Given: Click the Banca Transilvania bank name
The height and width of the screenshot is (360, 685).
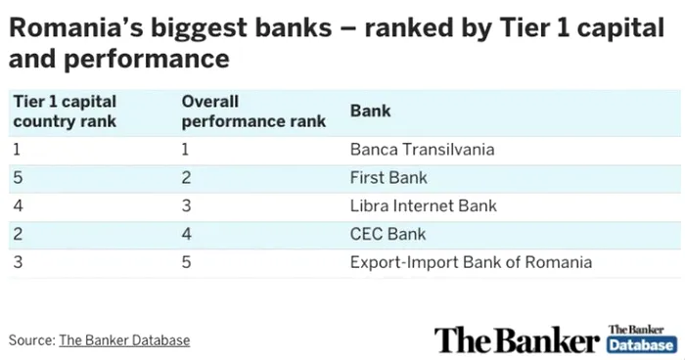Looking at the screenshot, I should pos(422,150).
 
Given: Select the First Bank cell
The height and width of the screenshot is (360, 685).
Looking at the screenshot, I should pos(388,178).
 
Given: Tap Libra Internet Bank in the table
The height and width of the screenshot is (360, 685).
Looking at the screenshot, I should pos(423,205).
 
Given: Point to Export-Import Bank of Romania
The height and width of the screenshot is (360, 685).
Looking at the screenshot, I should pos(471,262).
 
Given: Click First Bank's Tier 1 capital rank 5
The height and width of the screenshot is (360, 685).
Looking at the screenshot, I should pos(18,178).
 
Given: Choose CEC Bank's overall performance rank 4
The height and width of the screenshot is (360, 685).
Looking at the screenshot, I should pos(187,234).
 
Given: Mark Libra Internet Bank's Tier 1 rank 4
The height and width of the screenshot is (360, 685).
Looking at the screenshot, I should pos(18,205).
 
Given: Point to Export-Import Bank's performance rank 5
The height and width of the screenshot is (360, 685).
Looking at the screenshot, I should pos(187,262).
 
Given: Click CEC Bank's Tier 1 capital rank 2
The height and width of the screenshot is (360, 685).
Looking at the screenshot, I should pos(18,234).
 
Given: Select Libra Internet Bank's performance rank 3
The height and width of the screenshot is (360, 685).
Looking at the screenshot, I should pos(187,205).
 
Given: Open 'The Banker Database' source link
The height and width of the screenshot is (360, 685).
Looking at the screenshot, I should pos(124,340).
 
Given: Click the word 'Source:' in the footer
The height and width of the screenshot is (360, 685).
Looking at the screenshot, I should pos(32,340).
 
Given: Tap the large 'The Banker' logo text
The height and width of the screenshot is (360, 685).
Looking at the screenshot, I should pos(516,339).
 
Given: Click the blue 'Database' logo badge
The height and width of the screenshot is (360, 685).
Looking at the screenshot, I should pos(641,346).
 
